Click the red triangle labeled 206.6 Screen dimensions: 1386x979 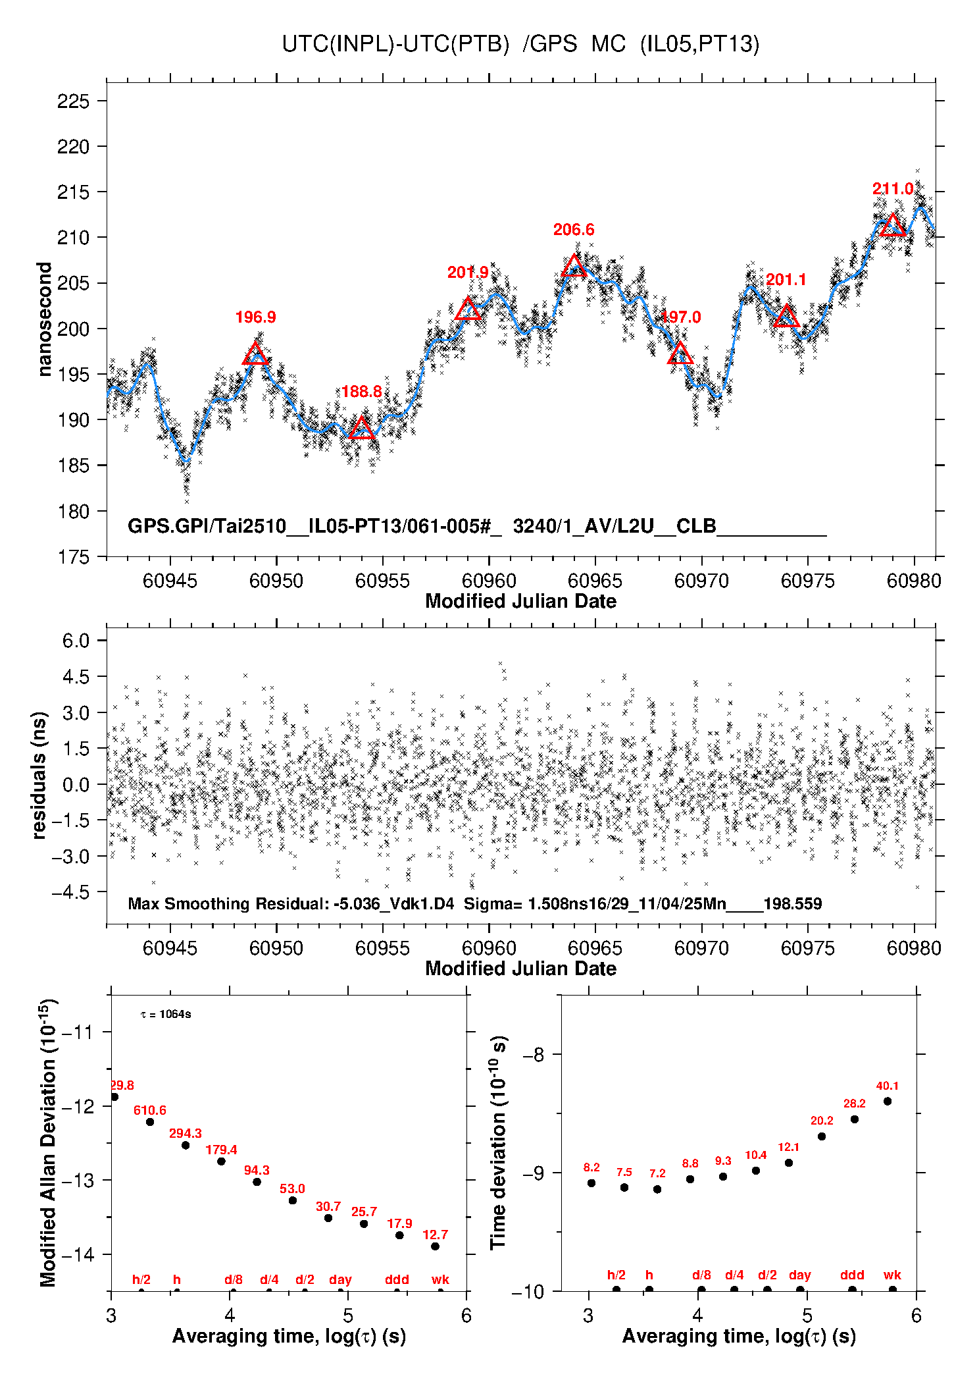pyautogui.click(x=574, y=266)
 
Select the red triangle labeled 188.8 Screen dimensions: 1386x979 pyautogui.click(x=362, y=429)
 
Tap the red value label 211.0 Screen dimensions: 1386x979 pyautogui.click(x=893, y=189)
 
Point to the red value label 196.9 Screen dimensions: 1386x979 pyautogui.click(x=255, y=317)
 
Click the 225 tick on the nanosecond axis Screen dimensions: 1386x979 pyautogui.click(x=73, y=101)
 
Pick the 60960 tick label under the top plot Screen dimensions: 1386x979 pyautogui.click(x=489, y=581)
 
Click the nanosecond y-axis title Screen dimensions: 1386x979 pyautogui.click(x=45, y=319)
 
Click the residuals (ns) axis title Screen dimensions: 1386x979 pyautogui.click(x=39, y=776)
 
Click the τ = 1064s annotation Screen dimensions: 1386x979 pyautogui.click(x=166, y=1015)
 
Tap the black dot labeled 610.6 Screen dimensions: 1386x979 pyautogui.click(x=150, y=1122)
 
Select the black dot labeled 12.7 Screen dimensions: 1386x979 pyautogui.click(x=435, y=1246)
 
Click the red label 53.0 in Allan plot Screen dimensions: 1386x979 pyautogui.click(x=292, y=1189)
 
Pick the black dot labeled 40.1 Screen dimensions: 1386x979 pyautogui.click(x=888, y=1101)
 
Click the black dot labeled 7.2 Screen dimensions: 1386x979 pyautogui.click(x=657, y=1189)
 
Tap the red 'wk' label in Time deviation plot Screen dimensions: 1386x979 pyautogui.click(x=892, y=1275)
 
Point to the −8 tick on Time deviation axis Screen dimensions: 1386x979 pyautogui.click(x=534, y=1055)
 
